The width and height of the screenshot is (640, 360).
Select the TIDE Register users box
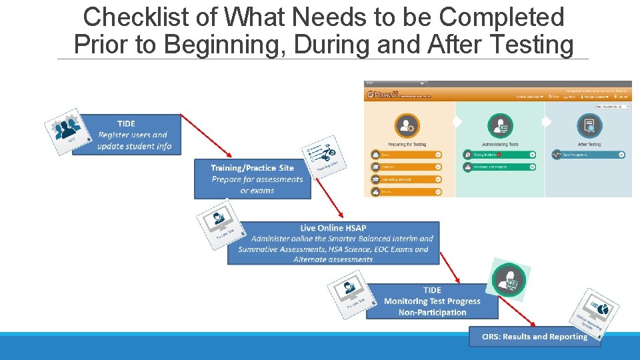[127, 135]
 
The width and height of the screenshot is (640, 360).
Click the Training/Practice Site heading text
[252, 167]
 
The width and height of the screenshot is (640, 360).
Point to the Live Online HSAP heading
[333, 228]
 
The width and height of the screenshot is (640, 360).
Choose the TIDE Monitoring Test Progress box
[432, 301]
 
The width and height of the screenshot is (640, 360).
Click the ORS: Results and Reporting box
[535, 337]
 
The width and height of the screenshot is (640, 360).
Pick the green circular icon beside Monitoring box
[509, 280]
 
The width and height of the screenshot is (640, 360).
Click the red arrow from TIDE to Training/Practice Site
[206, 135]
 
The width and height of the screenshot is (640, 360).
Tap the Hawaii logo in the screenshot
[382, 95]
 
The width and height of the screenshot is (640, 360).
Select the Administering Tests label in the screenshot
[499, 144]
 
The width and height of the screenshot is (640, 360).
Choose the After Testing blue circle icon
[589, 126]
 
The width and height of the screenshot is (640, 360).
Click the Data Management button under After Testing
[588, 155]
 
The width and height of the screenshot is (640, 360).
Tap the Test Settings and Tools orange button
[406, 179]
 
